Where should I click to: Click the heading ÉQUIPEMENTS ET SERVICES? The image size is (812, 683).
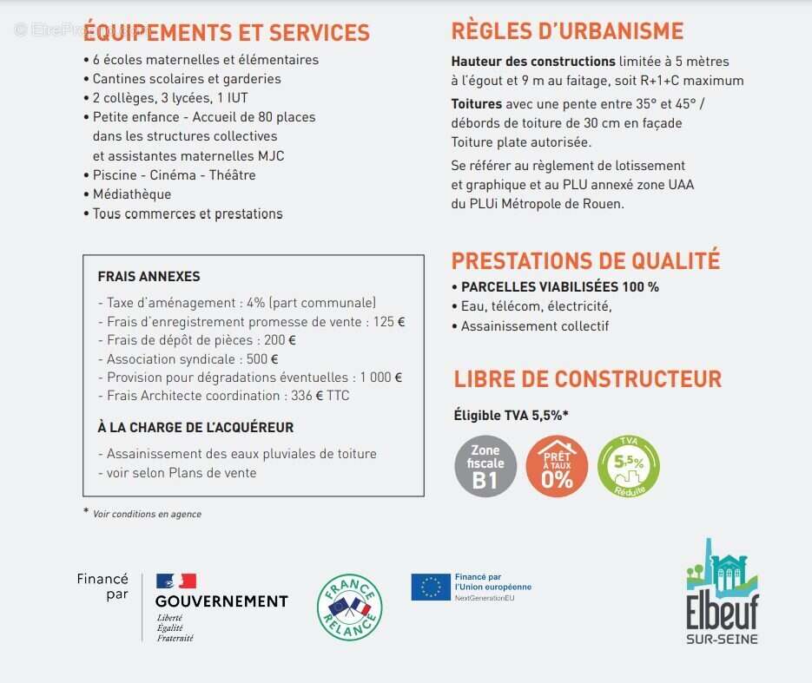227,33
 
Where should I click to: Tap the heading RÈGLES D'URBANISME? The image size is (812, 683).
567,31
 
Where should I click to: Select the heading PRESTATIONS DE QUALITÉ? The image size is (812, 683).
585,260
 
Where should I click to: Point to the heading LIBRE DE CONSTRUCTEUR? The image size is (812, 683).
588,379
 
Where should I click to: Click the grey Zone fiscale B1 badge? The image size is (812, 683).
485,466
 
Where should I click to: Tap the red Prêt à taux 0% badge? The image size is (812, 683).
557,466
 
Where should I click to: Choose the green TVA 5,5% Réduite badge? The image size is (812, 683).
629,466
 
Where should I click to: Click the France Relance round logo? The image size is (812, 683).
349,607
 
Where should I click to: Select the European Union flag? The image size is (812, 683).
431,588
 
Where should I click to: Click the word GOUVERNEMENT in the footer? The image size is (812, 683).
221,601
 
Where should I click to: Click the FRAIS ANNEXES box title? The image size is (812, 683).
149,277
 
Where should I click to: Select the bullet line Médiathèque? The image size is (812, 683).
132,194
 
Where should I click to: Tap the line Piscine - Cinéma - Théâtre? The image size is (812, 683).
174,175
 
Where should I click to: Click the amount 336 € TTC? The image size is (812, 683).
332,396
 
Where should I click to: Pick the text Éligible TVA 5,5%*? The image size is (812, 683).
512,415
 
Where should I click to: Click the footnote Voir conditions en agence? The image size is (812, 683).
147,514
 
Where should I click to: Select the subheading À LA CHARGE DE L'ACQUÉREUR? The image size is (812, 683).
195,427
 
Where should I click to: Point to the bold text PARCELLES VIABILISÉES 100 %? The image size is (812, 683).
560,286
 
